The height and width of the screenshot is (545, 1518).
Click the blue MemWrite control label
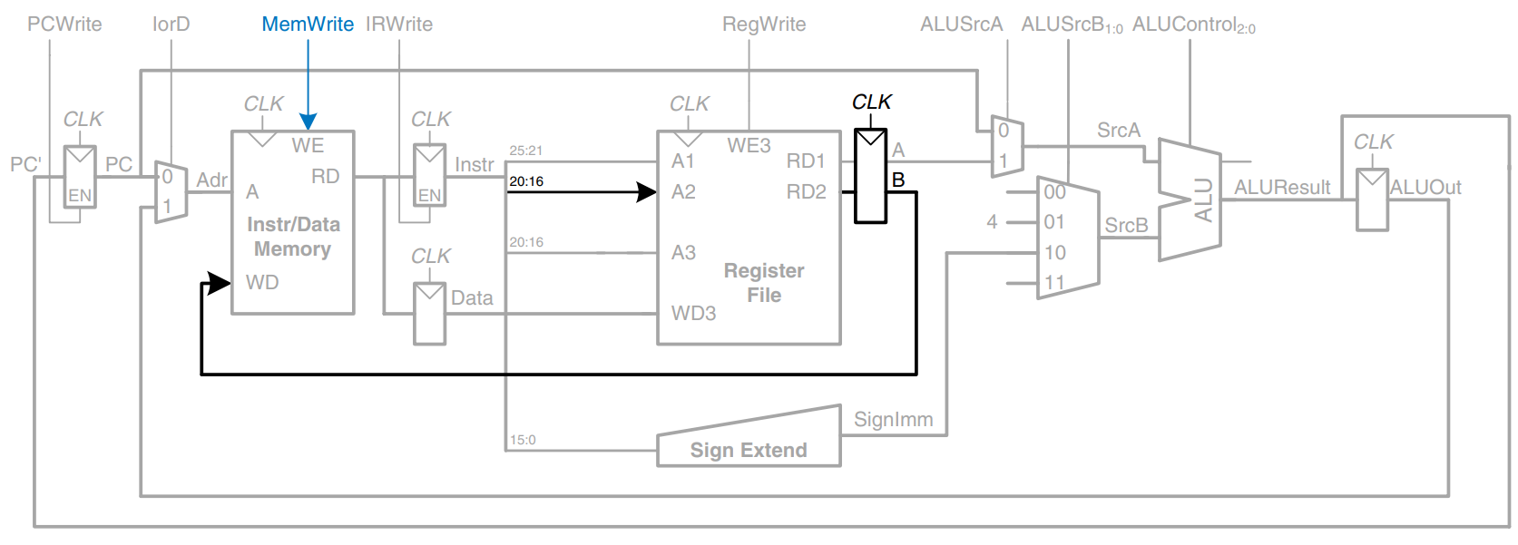tap(308, 24)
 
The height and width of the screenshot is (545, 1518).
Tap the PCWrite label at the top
tap(64, 24)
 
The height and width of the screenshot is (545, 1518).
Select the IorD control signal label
tap(171, 24)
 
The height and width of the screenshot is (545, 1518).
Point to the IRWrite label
tap(399, 24)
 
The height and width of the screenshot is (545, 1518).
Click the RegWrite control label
tap(764, 24)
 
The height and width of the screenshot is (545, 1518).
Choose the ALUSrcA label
tap(961, 24)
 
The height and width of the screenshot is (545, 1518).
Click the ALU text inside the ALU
tap(1203, 200)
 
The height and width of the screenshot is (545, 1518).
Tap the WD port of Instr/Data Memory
tap(262, 283)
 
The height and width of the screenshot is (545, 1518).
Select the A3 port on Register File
tap(683, 253)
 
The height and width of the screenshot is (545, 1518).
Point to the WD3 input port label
tap(693, 314)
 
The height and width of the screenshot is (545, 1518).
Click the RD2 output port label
tap(806, 192)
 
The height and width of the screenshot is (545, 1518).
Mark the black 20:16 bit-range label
tap(526, 181)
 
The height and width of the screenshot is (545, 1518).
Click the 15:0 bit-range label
tap(523, 440)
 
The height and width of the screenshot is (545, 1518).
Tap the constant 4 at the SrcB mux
tap(992, 222)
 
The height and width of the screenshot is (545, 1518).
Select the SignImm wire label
tap(893, 420)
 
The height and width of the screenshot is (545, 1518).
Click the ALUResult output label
tap(1282, 188)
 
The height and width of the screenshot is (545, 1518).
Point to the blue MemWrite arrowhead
tap(308, 122)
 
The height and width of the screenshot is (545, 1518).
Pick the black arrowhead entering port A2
tap(647, 192)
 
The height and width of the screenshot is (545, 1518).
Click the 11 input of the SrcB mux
tap(1054, 283)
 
